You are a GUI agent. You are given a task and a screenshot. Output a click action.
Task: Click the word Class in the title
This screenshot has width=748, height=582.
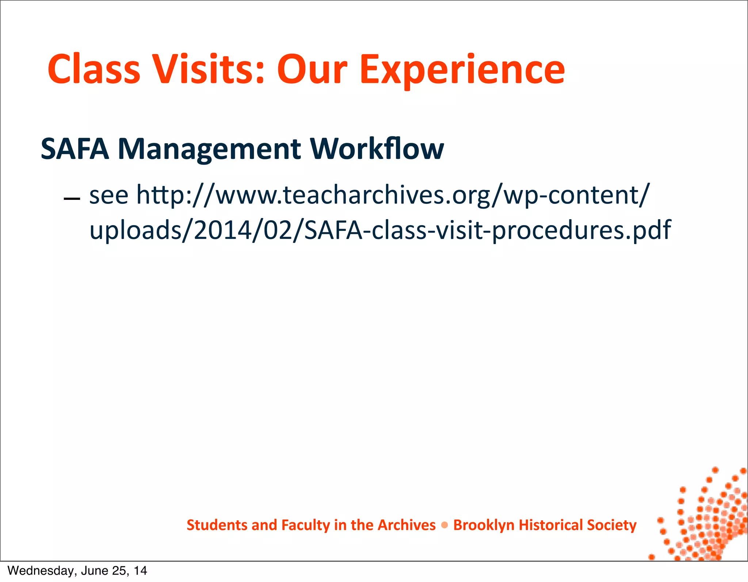click(x=94, y=69)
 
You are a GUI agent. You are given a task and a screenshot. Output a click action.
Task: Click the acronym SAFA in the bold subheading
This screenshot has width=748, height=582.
click(x=75, y=149)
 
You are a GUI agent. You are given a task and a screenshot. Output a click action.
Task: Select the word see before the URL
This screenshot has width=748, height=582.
click(x=109, y=195)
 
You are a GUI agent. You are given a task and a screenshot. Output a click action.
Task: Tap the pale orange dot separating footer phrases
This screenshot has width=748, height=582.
click(x=444, y=525)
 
